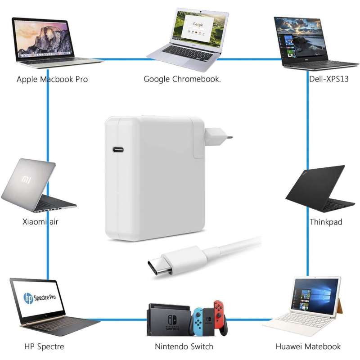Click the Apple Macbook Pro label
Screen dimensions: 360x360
[52, 79]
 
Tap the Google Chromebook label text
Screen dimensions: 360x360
[182, 79]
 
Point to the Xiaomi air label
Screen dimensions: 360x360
[40, 221]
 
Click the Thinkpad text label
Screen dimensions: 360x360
[326, 222]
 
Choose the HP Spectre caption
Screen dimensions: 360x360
[44, 346]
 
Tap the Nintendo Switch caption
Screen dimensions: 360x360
[184, 346]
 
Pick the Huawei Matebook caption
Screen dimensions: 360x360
[308, 346]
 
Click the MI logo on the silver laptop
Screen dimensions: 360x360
[27, 180]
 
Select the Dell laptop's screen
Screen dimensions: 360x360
[301, 38]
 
